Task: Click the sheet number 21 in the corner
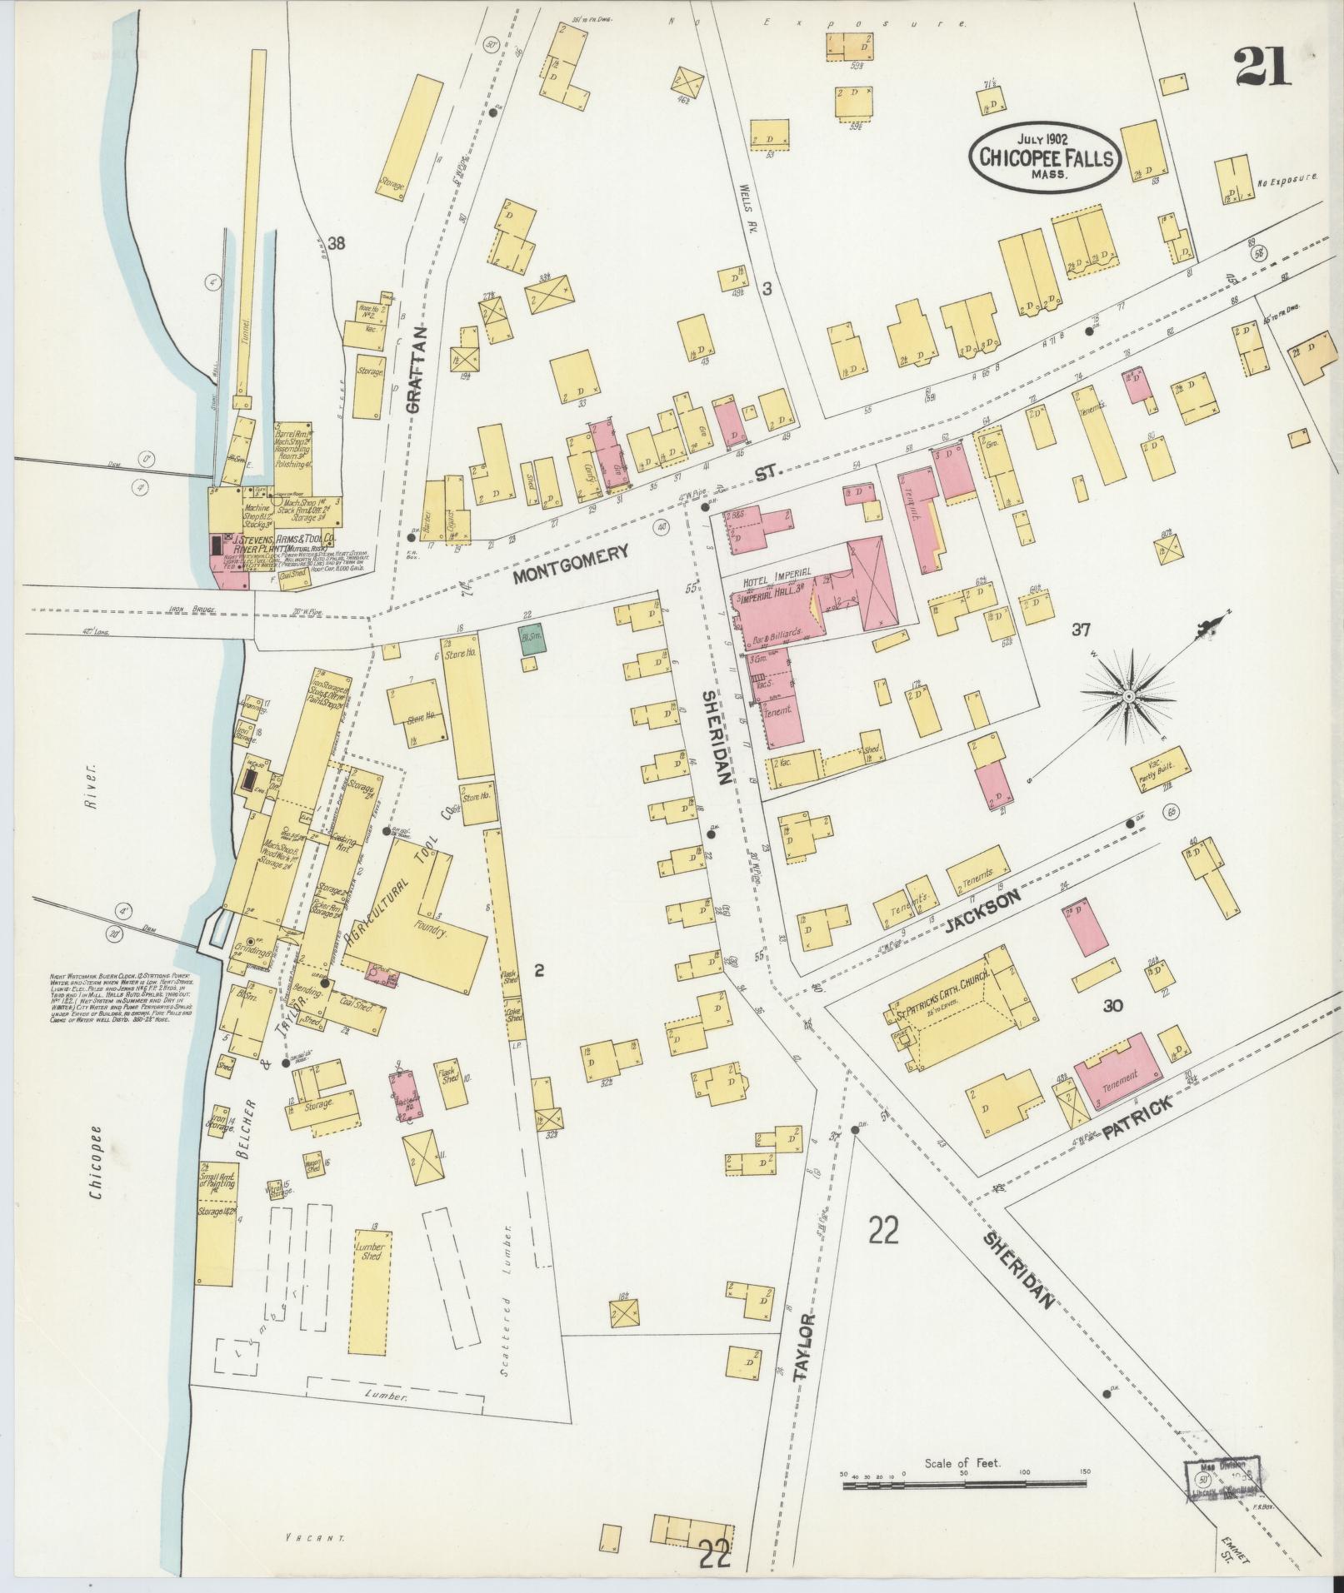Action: pyautogui.click(x=1263, y=66)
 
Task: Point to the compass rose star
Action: pyautogui.click(x=1127, y=694)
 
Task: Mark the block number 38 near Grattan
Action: pyautogui.click(x=336, y=244)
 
